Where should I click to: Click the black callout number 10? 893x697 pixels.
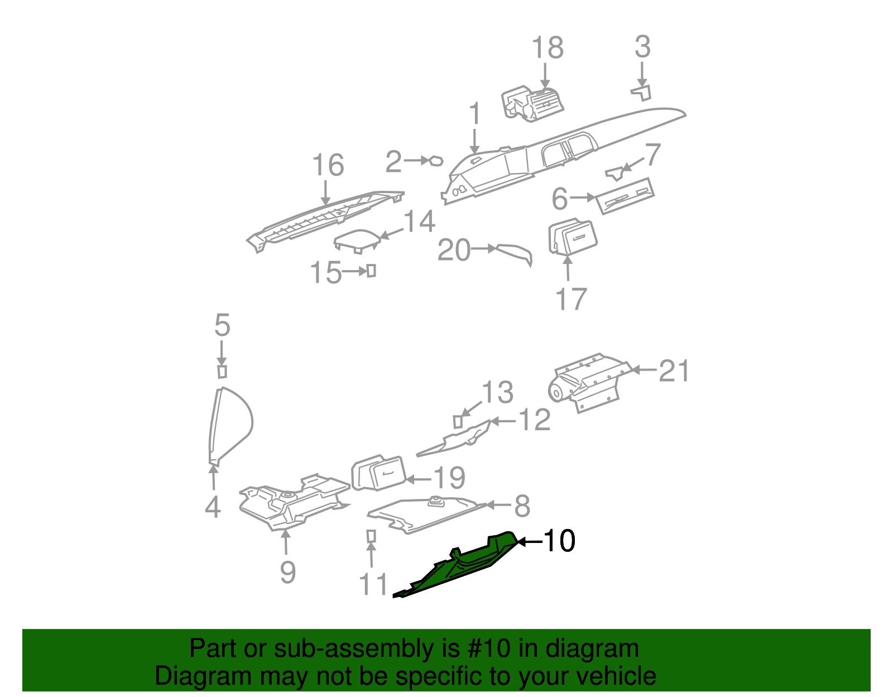pyautogui.click(x=559, y=541)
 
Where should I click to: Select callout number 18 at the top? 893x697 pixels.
pyautogui.click(x=547, y=48)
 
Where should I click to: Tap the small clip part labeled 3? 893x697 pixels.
pyautogui.click(x=642, y=93)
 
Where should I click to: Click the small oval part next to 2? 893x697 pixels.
pyautogui.click(x=435, y=161)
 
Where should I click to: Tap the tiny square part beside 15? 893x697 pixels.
pyautogui.click(x=371, y=271)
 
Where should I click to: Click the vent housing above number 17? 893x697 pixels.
pyautogui.click(x=572, y=238)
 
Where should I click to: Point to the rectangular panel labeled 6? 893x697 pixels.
pyautogui.click(x=625, y=196)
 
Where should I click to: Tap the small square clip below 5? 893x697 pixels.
pyautogui.click(x=222, y=372)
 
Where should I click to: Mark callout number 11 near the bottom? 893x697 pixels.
pyautogui.click(x=373, y=584)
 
